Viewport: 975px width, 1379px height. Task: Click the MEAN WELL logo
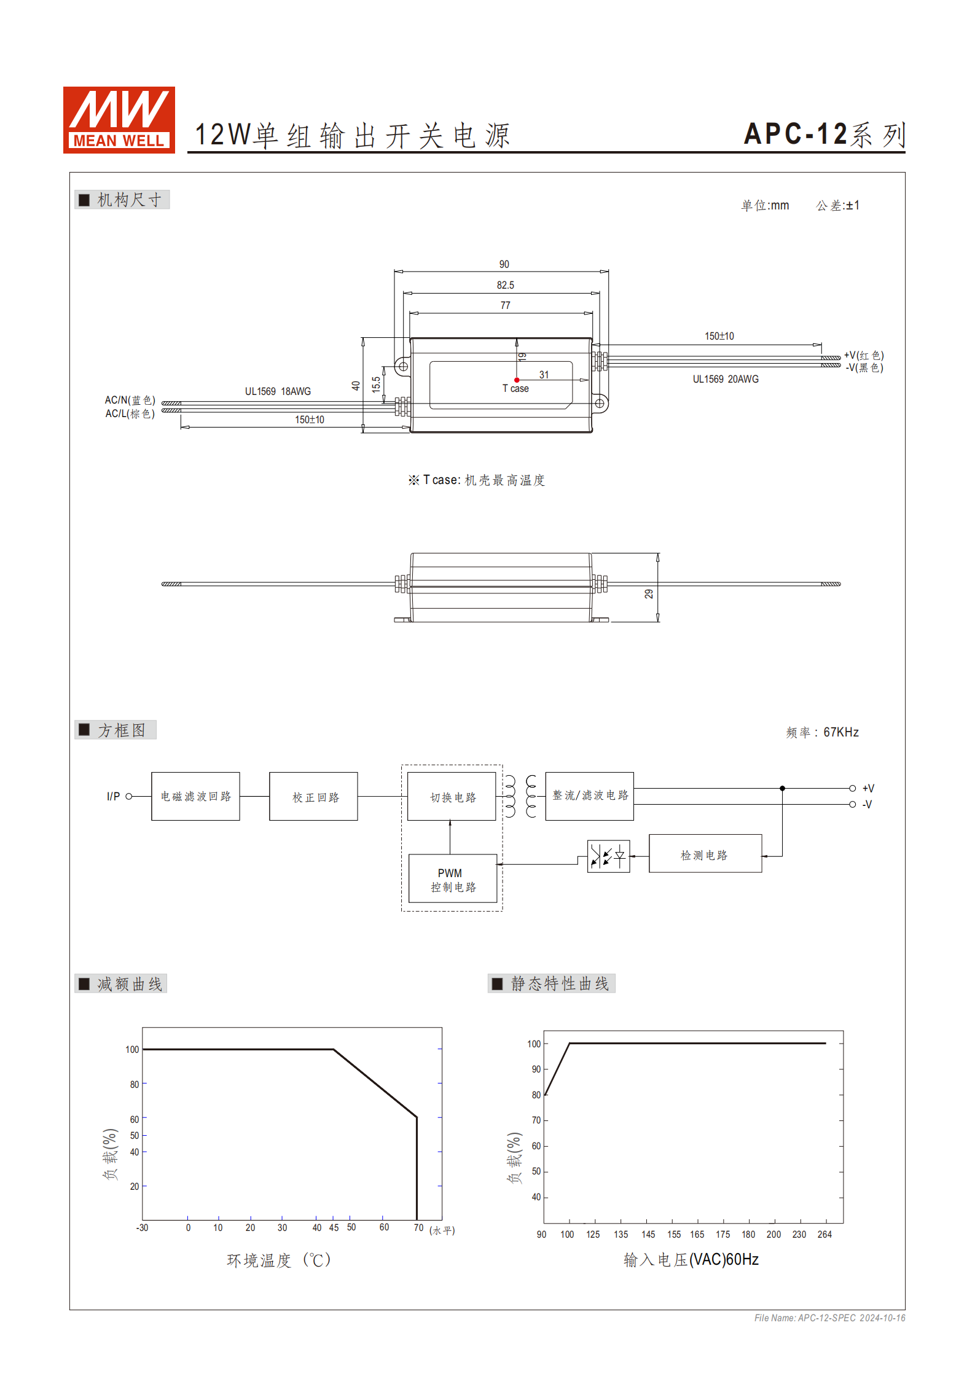pos(119,120)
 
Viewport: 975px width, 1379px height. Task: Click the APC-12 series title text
pos(824,135)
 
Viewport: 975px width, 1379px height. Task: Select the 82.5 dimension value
pos(505,285)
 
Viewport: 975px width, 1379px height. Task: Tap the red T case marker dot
pos(517,380)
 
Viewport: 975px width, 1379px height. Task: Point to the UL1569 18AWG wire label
pos(278,391)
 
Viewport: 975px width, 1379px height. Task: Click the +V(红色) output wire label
pos(863,355)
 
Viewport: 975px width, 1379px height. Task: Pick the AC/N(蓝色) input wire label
pos(130,400)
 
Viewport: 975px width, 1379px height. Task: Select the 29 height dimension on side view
pos(649,594)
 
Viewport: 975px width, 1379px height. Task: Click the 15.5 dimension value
pos(376,385)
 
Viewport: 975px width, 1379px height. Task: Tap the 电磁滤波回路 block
pos(195,796)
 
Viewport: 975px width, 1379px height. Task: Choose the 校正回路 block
pos(313,797)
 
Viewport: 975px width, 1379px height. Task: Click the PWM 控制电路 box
pos(453,879)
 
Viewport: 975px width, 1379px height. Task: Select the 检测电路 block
pos(705,854)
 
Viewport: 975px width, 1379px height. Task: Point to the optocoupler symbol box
pos(608,856)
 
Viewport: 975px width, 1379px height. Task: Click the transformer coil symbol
pos(520,796)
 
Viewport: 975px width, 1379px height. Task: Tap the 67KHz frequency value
pos(840,732)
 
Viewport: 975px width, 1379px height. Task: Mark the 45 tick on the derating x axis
pos(334,1227)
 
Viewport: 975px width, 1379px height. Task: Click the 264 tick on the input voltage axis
pos(824,1234)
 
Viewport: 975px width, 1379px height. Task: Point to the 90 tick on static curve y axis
pos(536,1069)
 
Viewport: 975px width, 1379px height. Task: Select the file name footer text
pos(829,1318)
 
